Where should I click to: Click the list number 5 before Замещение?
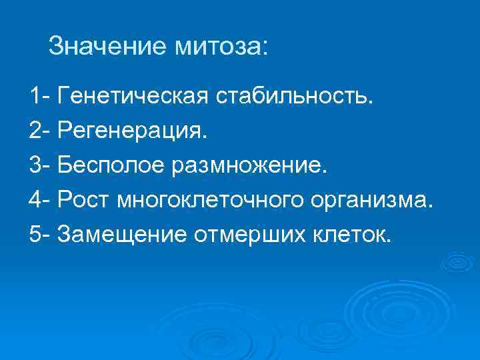[34, 233]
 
